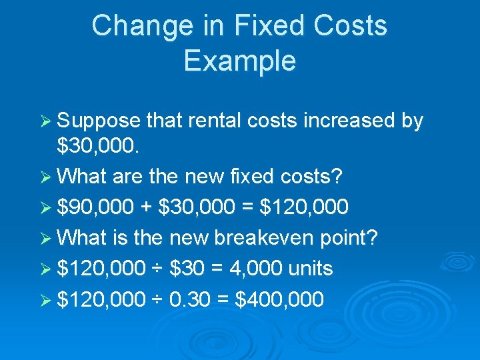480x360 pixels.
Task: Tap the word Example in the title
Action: [239, 61]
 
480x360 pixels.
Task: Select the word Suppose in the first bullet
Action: [99, 121]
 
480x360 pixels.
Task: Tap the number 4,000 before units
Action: [248, 268]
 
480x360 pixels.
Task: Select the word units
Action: [311, 268]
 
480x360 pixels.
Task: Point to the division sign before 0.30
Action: [157, 299]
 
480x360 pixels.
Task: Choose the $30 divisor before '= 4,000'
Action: [187, 268]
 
